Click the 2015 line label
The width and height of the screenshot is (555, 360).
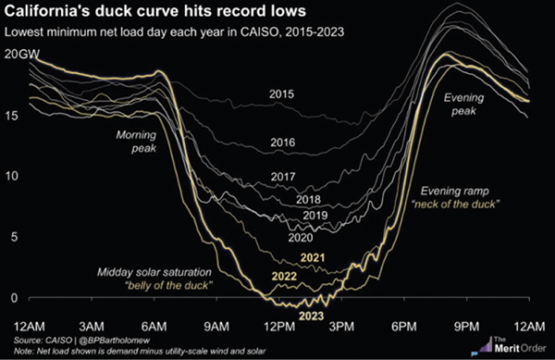[281, 94]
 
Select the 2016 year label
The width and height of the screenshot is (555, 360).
[283, 143]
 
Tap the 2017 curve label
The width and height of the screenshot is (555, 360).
[283, 176]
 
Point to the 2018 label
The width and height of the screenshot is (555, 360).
[308, 200]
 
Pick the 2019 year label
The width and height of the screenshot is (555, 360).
[315, 216]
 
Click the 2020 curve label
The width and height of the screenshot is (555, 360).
[301, 237]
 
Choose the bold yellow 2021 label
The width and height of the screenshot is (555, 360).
[313, 257]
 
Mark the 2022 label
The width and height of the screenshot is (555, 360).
[284, 276]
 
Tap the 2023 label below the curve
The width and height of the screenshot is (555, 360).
[312, 316]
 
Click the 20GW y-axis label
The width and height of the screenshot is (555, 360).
[22, 55]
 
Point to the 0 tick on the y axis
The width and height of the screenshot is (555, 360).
[14, 298]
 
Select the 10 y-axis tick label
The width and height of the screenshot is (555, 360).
[11, 176]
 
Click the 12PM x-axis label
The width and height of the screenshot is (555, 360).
[279, 327]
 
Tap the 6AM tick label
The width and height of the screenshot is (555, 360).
[154, 327]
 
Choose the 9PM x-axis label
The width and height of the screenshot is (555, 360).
[467, 327]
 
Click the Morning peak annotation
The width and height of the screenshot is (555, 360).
[136, 142]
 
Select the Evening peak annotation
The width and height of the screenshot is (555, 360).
[463, 104]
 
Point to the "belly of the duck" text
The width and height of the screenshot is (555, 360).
[167, 286]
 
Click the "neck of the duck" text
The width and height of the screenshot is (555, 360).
[455, 205]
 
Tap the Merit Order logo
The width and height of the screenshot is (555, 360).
[509, 346]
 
